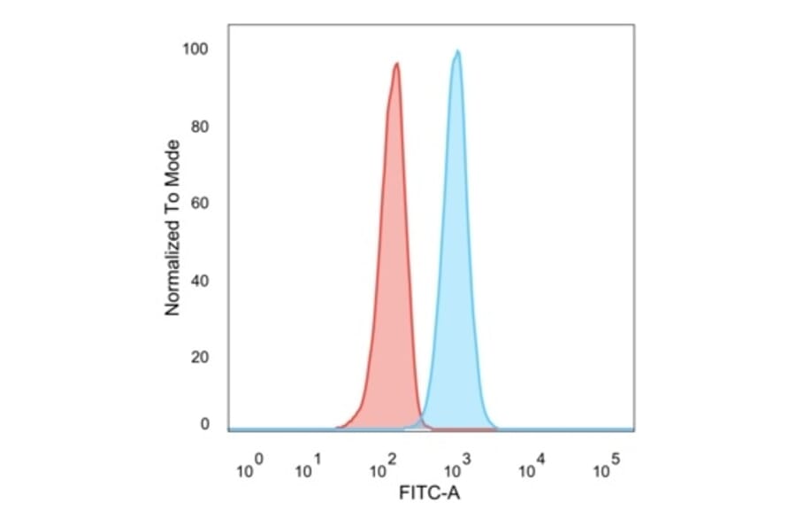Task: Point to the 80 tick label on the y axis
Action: (199, 127)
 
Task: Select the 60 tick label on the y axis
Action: (199, 204)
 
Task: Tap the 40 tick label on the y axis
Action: (199, 282)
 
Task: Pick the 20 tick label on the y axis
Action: (199, 358)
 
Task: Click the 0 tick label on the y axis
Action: (203, 424)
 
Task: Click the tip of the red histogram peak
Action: (397, 63)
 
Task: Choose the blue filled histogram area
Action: (456, 266)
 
